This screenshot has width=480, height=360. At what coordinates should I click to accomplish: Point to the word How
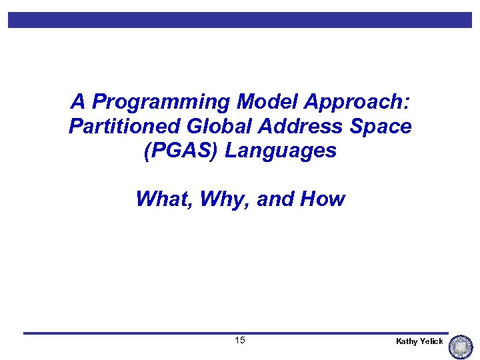click(x=323, y=199)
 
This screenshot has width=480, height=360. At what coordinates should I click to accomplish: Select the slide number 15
click(x=240, y=341)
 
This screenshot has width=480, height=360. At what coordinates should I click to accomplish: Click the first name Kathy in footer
click(x=407, y=341)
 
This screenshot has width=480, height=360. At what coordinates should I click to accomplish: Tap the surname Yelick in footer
click(x=432, y=341)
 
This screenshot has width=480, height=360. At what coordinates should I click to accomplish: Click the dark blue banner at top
click(x=240, y=20)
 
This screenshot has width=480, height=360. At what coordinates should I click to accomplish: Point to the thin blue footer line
click(x=233, y=333)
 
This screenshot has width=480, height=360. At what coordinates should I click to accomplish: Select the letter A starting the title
click(x=78, y=102)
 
